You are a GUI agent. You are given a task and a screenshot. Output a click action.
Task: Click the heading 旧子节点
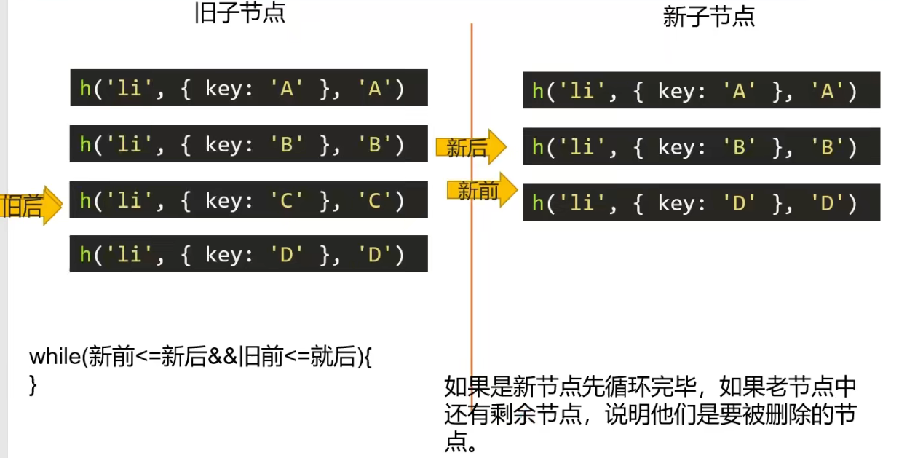coord(240,13)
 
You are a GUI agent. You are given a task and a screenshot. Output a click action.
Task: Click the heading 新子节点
coord(708,17)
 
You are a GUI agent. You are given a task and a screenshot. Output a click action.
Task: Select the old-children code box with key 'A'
coord(248,88)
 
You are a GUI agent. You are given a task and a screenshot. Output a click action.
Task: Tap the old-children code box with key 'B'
coord(248,144)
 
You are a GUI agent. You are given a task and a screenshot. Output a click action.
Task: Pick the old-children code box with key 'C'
coord(248,200)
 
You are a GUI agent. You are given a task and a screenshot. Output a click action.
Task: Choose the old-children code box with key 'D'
coord(248,254)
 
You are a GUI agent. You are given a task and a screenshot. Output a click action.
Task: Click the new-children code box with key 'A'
coord(701,90)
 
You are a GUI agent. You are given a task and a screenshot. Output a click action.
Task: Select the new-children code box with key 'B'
coord(701,146)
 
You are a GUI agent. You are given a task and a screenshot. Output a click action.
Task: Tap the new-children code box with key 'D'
coord(701,202)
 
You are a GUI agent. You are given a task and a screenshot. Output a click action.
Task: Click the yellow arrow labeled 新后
coord(470,148)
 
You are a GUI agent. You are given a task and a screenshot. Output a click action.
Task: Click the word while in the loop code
coord(55,358)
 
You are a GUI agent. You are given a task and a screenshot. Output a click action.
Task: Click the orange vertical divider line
coord(472,291)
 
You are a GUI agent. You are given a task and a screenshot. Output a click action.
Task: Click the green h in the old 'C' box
coord(85,200)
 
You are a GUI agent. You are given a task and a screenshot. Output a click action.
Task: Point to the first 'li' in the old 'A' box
coord(129,89)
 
